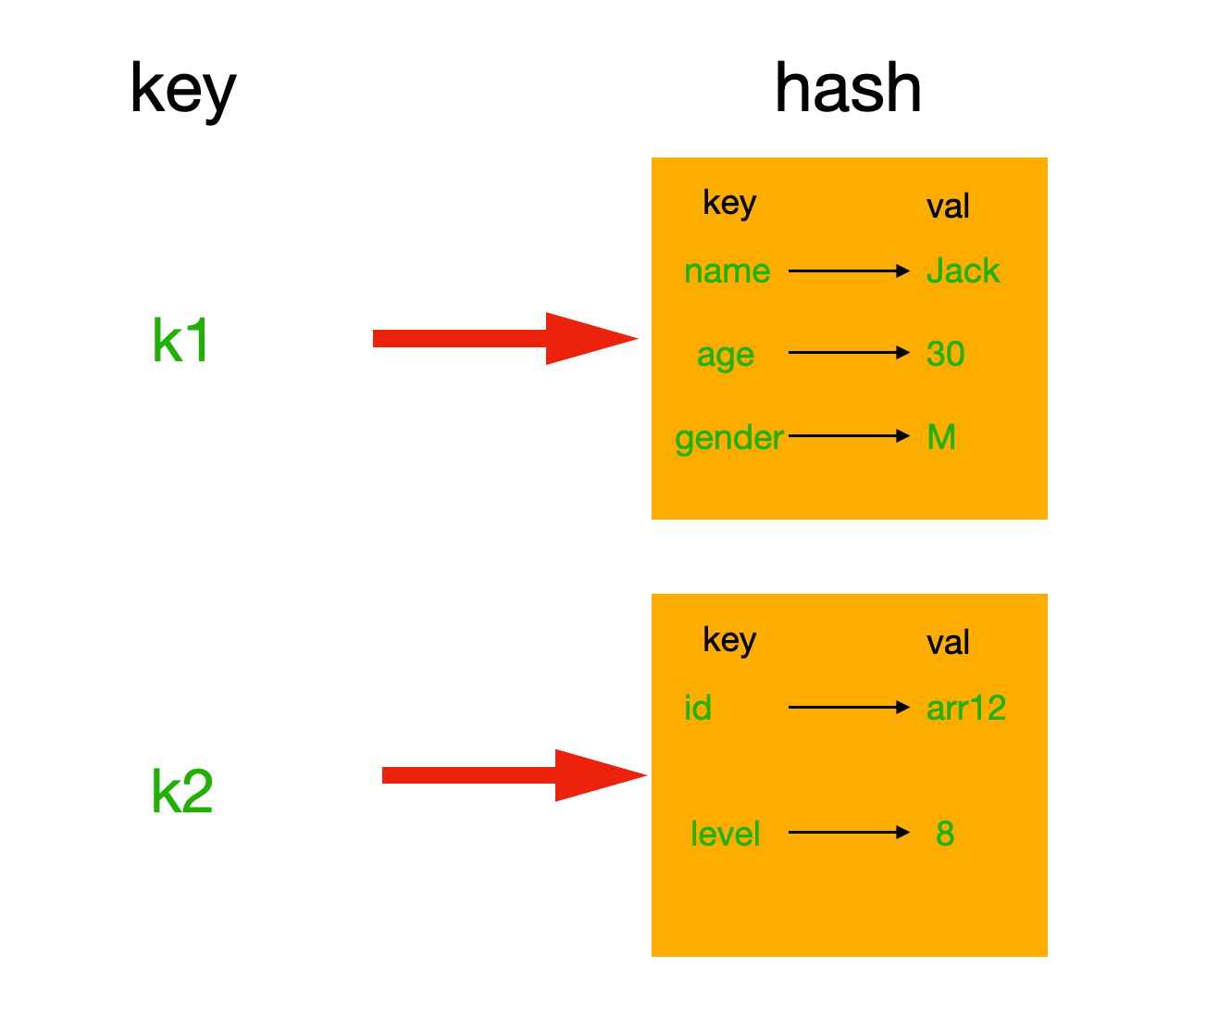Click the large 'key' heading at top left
pyautogui.click(x=183, y=90)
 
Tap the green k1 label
pyautogui.click(x=181, y=341)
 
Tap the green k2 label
pyautogui.click(x=182, y=792)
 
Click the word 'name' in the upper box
pyautogui.click(x=727, y=271)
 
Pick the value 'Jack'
pyautogui.click(x=963, y=271)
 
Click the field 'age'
pyautogui.click(x=726, y=355)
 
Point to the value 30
pyautogui.click(x=945, y=354)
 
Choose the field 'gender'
pyautogui.click(x=729, y=437)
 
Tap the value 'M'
pyautogui.click(x=941, y=437)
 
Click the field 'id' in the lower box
pyautogui.click(x=698, y=708)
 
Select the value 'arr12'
pyautogui.click(x=965, y=708)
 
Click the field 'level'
pyautogui.click(x=725, y=834)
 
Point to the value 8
pyautogui.click(x=945, y=834)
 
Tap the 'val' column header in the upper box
pyautogui.click(x=948, y=207)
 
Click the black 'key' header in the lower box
pyautogui.click(x=729, y=640)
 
